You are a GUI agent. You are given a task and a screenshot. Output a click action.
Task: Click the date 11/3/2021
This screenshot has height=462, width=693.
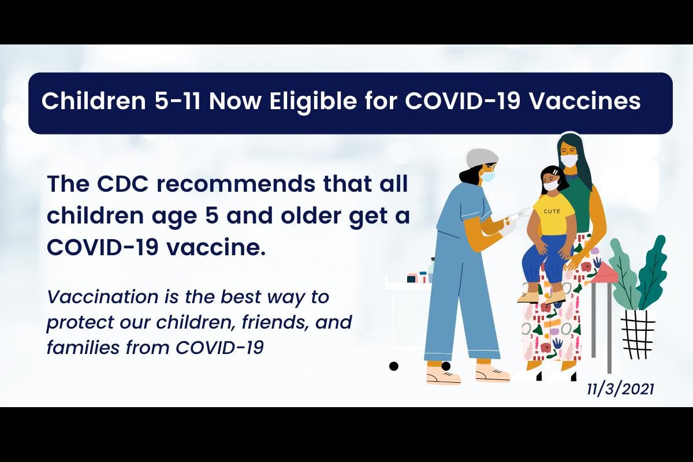(x=620, y=389)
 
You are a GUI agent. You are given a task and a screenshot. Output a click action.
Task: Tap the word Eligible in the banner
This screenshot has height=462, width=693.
(x=314, y=100)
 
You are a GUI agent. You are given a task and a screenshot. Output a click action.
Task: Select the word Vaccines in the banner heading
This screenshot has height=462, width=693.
(x=584, y=101)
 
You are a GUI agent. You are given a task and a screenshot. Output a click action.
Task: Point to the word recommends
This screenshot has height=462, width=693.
(x=236, y=184)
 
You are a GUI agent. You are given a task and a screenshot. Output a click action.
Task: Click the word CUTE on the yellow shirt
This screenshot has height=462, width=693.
(x=552, y=211)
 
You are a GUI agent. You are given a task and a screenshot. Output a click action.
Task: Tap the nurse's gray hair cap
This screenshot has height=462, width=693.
(x=482, y=158)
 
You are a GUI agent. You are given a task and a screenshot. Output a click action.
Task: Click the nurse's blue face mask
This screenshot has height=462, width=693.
(x=488, y=176)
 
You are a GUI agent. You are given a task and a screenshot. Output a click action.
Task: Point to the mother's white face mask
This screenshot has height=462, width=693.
(x=569, y=161)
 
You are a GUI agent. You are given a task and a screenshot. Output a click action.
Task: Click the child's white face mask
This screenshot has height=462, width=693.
(x=553, y=187)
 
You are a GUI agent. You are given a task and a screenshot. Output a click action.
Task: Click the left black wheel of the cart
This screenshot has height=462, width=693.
(x=393, y=366)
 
